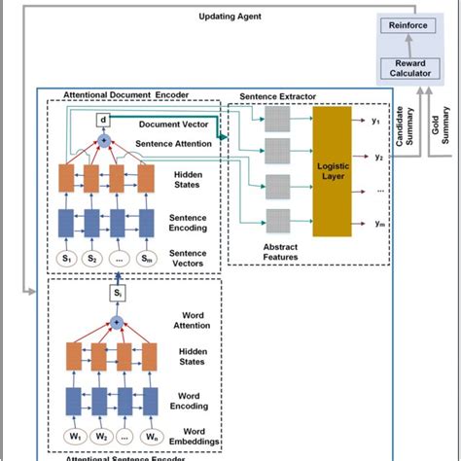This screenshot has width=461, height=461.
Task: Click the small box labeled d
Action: [x=104, y=121]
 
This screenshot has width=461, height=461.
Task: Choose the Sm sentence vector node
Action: [x=147, y=259]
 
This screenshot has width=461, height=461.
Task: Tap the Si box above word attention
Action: [x=116, y=292]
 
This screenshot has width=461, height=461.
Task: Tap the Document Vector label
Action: [x=173, y=125]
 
